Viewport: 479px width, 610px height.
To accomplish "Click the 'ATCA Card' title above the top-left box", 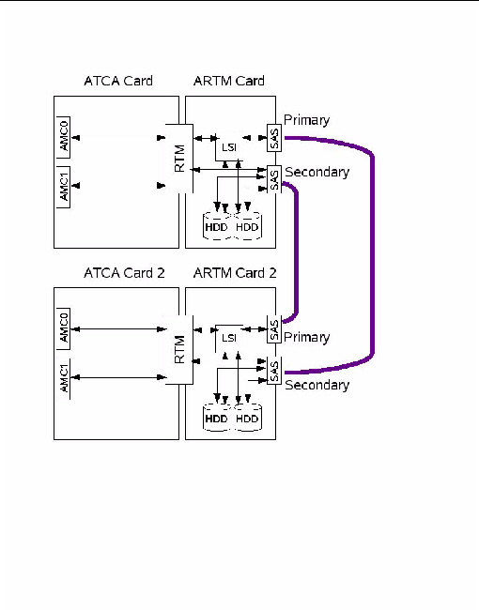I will [x=117, y=82].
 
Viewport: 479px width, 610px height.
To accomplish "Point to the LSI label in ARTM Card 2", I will [x=229, y=338].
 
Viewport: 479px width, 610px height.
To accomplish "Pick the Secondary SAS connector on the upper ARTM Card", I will [x=273, y=179].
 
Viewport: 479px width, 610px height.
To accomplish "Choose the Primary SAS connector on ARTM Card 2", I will [x=273, y=329].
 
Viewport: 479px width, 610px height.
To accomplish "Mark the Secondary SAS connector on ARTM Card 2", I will [x=273, y=371].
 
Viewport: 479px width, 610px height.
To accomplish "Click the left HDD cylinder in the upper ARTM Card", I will [x=217, y=227].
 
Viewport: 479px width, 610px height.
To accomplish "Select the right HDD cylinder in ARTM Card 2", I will [x=247, y=418].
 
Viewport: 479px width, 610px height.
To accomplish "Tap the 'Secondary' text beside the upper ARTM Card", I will [x=317, y=173].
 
